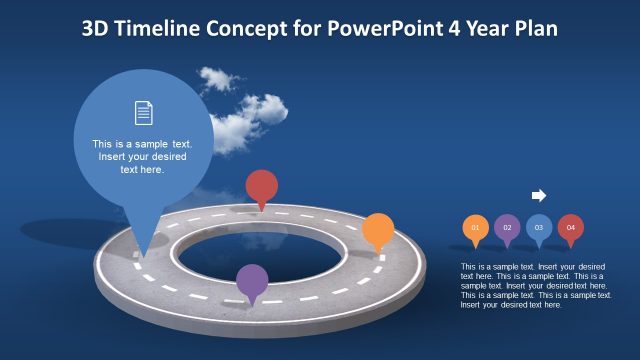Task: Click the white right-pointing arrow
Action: tap(538, 195)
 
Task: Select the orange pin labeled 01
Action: tap(475, 228)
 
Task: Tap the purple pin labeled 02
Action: tap(507, 228)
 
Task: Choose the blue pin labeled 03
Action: tap(539, 228)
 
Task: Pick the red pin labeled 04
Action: tap(571, 228)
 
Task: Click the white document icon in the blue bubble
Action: tap(143, 113)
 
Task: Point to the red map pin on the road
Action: tap(261, 186)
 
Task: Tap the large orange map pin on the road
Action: tap(377, 230)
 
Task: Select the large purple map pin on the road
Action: tap(252, 281)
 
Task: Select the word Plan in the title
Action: tap(536, 29)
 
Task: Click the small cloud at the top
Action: tap(215, 78)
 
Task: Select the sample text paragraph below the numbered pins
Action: tap(535, 285)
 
